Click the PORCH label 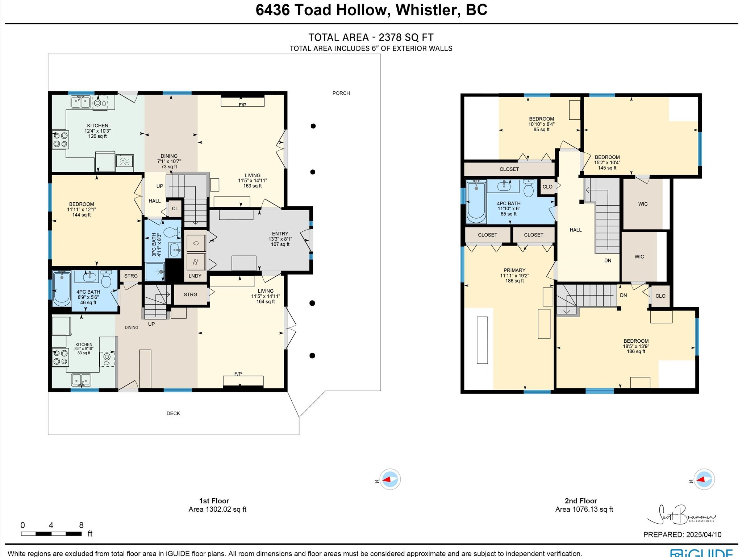click(x=341, y=93)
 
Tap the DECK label click(x=173, y=413)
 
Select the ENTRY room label click(x=280, y=234)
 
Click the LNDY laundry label click(x=195, y=276)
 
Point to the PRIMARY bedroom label click(x=514, y=270)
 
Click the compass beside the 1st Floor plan click(x=389, y=479)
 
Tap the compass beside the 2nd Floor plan click(x=704, y=479)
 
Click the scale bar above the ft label click(x=51, y=534)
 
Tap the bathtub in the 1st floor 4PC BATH click(x=62, y=289)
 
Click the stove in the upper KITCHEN click(x=61, y=140)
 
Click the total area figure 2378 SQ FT click(x=406, y=37)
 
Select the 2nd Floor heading click(x=581, y=501)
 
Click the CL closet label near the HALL click(x=175, y=209)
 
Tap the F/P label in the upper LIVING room click(x=242, y=105)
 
